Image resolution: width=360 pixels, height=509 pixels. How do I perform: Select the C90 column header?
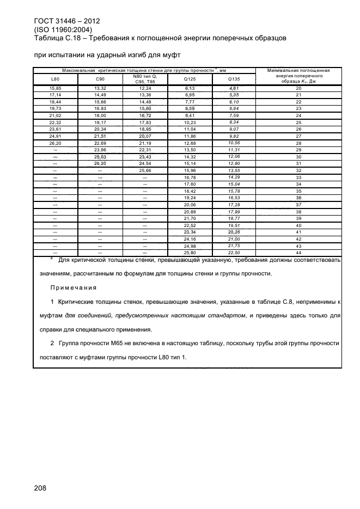pos(100,79)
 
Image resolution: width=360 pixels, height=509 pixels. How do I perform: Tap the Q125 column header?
pos(190,79)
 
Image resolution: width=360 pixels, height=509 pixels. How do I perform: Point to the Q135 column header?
pos(234,79)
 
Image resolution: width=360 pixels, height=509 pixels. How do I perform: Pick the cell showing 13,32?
pos(100,88)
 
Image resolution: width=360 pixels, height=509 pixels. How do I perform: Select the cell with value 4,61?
pos(234,88)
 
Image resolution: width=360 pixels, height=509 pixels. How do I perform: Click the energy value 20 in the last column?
pos(298,88)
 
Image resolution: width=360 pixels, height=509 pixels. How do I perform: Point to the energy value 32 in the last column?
pos(298,170)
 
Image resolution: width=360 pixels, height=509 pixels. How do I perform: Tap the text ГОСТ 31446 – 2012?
pos(66,21)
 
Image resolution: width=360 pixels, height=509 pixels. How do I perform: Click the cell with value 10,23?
pos(190,122)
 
